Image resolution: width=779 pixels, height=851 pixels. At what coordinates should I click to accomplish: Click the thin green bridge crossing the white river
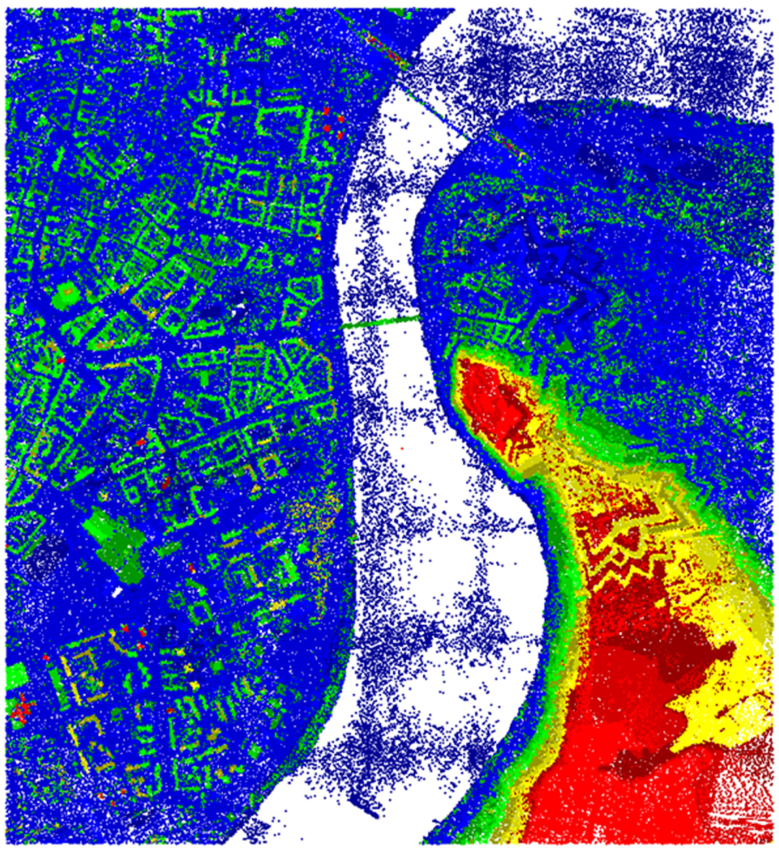click(x=380, y=322)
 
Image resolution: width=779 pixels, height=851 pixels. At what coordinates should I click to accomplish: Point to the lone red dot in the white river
click(x=402, y=448)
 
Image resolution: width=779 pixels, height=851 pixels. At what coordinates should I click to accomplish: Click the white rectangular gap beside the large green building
click(x=117, y=591)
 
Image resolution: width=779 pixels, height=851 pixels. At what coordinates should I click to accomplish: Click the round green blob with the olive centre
click(x=66, y=290)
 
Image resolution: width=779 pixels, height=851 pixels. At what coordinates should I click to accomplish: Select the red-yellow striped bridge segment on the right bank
click(x=506, y=142)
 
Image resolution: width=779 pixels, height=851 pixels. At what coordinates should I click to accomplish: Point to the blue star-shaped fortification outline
click(x=549, y=270)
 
